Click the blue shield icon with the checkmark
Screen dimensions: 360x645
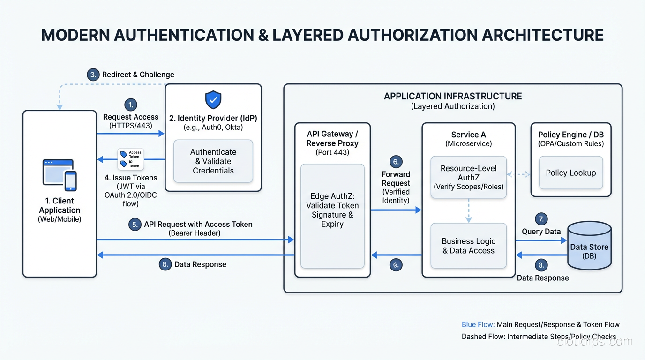(213, 100)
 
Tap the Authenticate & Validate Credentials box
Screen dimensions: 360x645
(213, 161)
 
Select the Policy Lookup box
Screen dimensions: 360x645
(571, 173)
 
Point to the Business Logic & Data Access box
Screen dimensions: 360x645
(468, 246)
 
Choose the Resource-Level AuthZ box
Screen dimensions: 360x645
(468, 177)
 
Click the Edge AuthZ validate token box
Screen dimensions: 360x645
(332, 216)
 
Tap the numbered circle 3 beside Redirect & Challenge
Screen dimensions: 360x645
(93, 75)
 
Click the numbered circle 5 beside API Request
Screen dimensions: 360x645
(135, 225)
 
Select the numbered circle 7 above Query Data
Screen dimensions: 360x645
(541, 219)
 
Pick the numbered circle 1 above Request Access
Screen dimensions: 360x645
(131, 105)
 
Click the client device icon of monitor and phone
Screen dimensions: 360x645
(60, 174)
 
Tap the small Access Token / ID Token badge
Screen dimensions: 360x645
(131, 159)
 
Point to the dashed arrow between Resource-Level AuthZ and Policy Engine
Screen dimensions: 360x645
(518, 174)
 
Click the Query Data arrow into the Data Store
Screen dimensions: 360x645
(541, 240)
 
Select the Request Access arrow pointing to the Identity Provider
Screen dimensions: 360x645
(131, 134)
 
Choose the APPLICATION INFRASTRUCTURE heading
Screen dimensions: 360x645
(453, 96)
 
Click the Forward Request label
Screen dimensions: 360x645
(396, 179)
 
